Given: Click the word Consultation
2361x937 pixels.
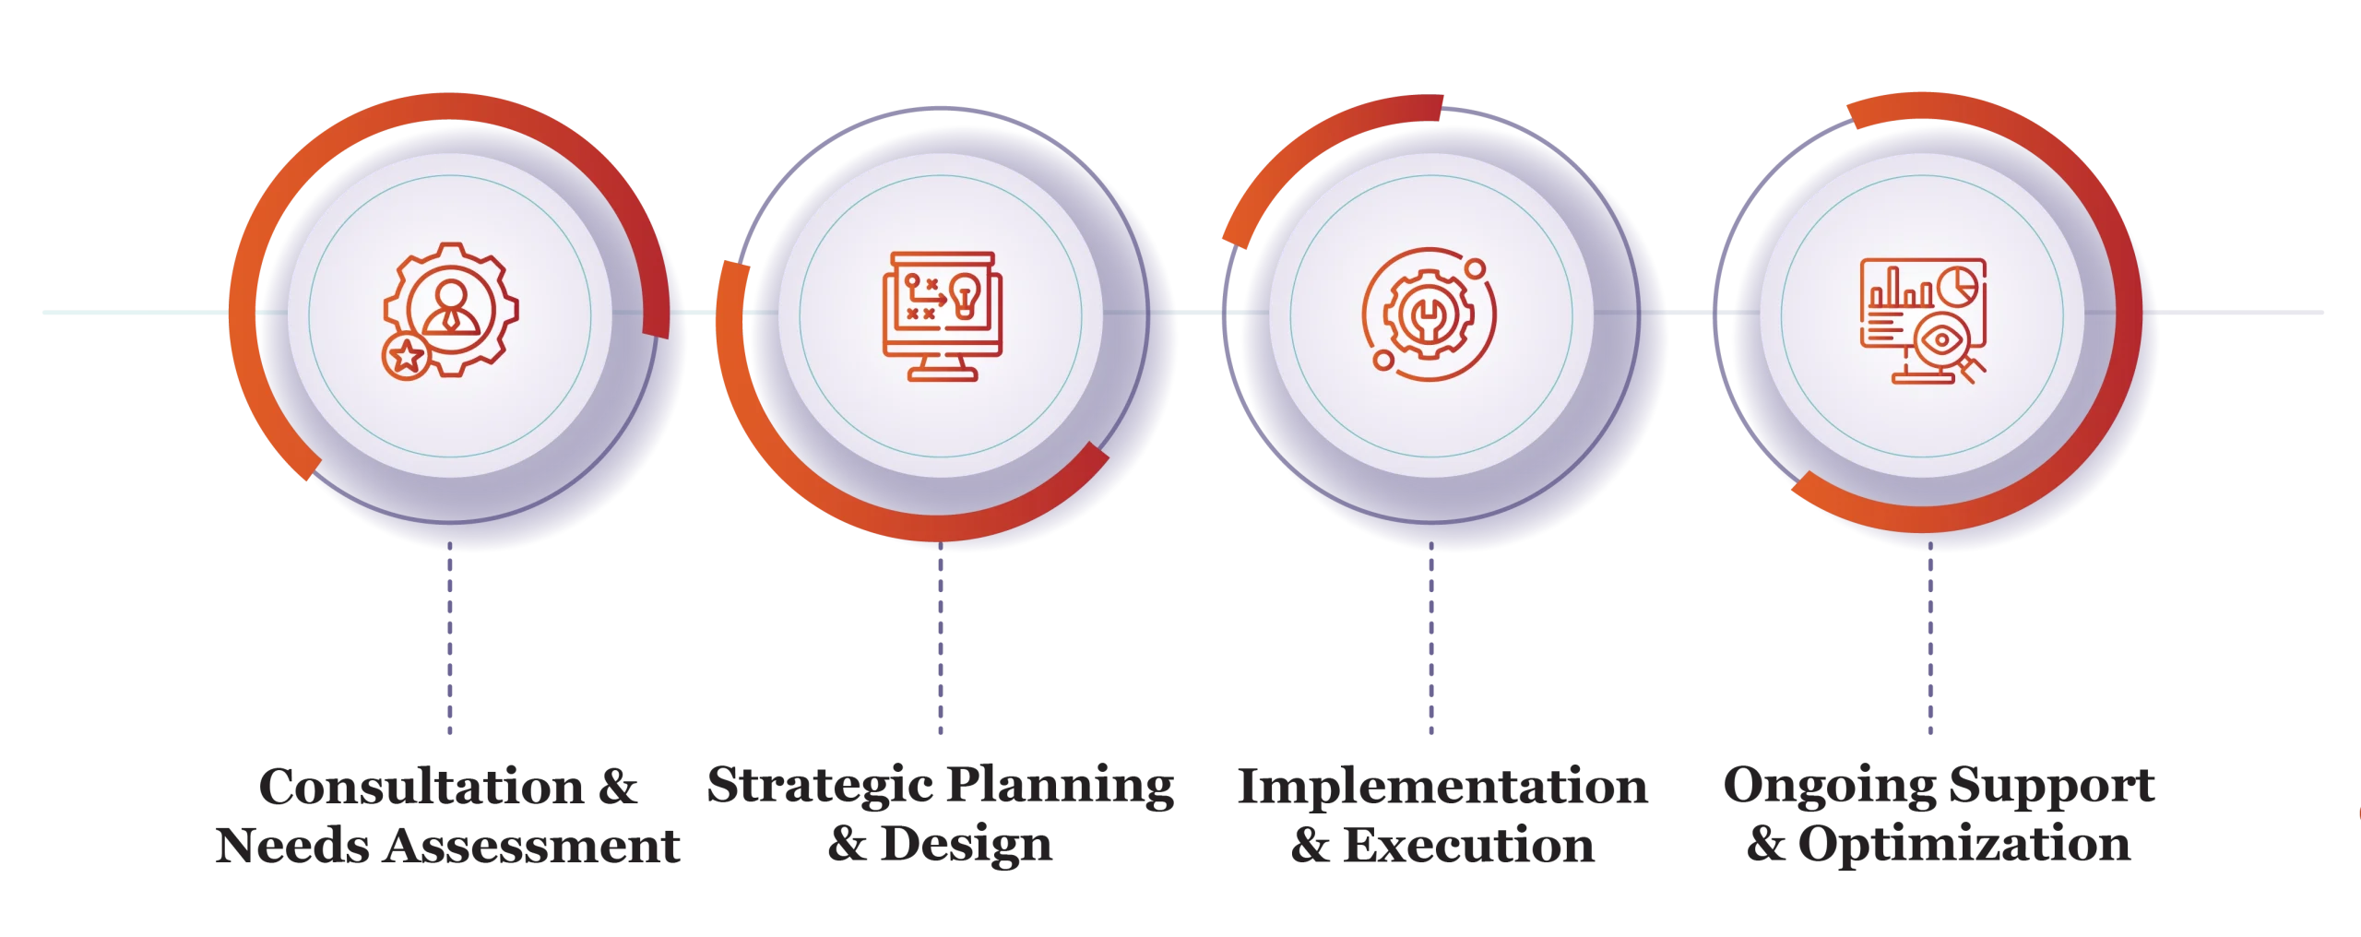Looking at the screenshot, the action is [x=421, y=787].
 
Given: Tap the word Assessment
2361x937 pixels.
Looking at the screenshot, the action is [x=531, y=846].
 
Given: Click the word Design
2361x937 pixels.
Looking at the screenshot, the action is [x=967, y=845].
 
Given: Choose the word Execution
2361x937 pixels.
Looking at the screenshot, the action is [x=1468, y=846].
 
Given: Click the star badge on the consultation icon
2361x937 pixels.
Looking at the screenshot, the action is [x=406, y=356].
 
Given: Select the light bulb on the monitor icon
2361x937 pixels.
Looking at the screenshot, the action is [x=965, y=295].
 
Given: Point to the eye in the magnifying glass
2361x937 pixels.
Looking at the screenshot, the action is [x=1941, y=340].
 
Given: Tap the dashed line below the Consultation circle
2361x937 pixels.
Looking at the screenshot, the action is [x=450, y=638].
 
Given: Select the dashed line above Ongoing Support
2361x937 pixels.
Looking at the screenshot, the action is [x=1930, y=638].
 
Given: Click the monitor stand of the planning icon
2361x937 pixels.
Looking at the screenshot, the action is [x=942, y=368].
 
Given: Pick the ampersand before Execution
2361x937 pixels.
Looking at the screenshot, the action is [x=1310, y=846].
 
